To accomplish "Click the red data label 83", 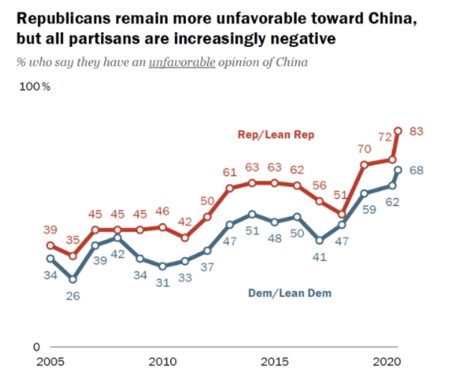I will [x=417, y=132].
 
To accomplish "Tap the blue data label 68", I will [x=417, y=171].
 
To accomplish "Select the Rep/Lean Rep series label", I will [x=276, y=135].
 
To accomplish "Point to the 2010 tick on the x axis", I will [x=163, y=363].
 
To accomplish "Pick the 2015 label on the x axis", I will [x=274, y=363].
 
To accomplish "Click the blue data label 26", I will [x=73, y=296].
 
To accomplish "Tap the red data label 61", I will [x=230, y=172].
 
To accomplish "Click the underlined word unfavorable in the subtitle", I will [x=182, y=62].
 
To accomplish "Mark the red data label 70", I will [x=364, y=149].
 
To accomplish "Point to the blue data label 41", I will [x=319, y=257].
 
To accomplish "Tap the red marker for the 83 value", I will [x=398, y=131].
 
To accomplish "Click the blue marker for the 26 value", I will [x=73, y=279].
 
